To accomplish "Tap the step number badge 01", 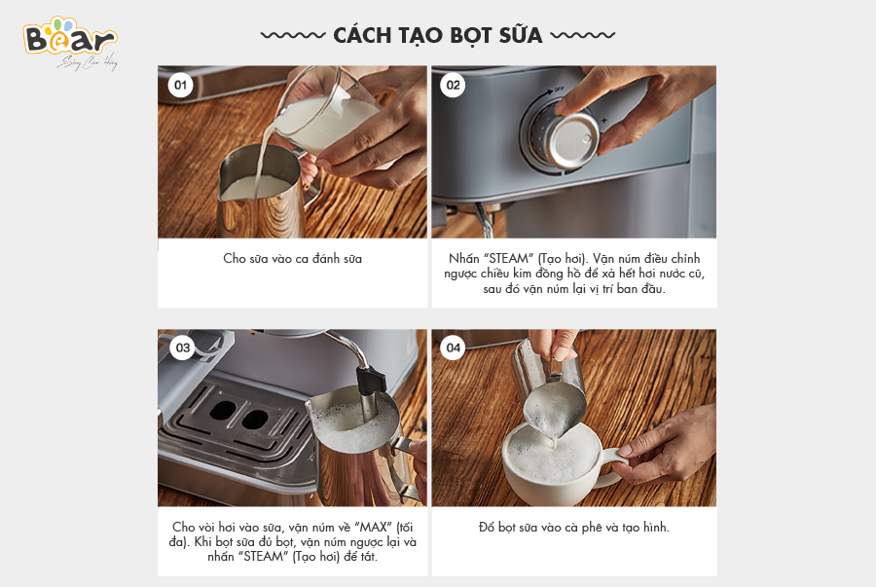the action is pyautogui.click(x=180, y=86).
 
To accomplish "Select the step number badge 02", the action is pyautogui.click(x=453, y=86).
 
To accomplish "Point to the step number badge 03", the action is pyautogui.click(x=183, y=348).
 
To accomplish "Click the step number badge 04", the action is pyautogui.click(x=453, y=348).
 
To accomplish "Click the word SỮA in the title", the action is pyautogui.click(x=521, y=35).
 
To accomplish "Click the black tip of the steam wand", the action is pyautogui.click(x=371, y=380).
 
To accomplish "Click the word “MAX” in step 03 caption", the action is pyautogui.click(x=373, y=528).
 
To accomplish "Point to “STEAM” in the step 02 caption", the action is pyautogui.click(x=508, y=259).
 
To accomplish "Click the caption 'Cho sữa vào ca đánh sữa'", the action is pyautogui.click(x=292, y=259).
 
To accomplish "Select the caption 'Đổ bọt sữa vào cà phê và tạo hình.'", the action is pyautogui.click(x=573, y=528).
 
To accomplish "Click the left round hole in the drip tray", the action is pyautogui.click(x=223, y=411).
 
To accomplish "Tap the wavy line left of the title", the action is pyautogui.click(x=293, y=35).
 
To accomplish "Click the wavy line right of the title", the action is pyautogui.click(x=583, y=35).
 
